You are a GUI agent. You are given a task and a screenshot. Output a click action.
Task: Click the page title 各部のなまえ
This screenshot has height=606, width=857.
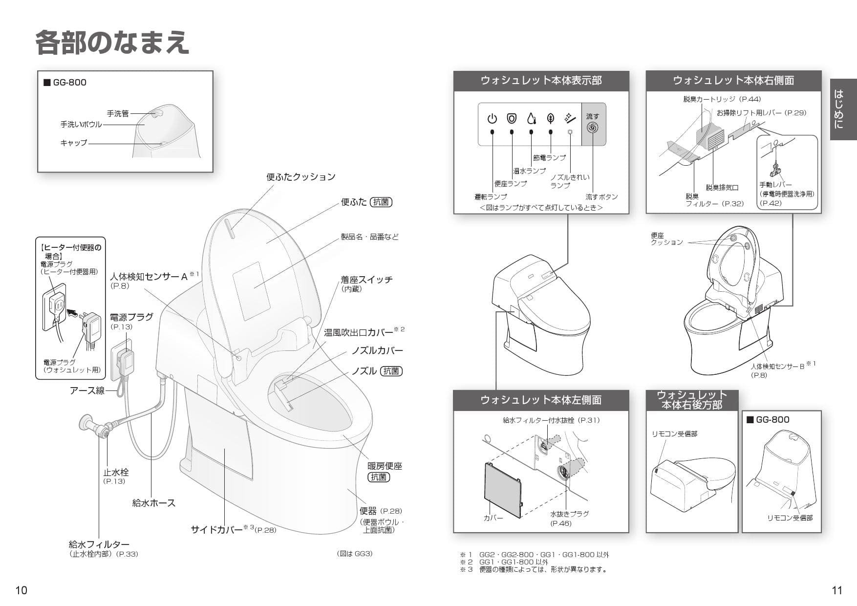coord(112,43)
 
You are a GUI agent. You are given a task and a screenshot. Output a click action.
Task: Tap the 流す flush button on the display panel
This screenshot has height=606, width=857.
coord(593,124)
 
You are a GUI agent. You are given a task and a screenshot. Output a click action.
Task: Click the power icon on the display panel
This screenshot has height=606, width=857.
coord(492,119)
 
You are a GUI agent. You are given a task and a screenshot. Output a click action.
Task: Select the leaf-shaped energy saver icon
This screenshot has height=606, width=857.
coord(551,118)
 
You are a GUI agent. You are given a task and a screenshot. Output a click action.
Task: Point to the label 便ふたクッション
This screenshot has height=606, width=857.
coord(300,177)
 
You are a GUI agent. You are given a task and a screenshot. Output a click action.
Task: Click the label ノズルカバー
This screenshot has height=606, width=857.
coord(377,351)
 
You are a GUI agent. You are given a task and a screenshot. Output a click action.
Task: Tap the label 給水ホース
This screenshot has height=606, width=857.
coord(153,503)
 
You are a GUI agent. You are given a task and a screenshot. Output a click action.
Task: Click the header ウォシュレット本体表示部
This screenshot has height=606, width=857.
coord(541,81)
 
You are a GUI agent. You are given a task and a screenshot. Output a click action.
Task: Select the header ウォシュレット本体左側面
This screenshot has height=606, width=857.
coord(540,400)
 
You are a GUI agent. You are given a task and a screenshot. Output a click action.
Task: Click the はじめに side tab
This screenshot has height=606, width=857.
coord(843,109)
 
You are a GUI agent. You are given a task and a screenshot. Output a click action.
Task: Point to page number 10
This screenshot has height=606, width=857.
coord(21,590)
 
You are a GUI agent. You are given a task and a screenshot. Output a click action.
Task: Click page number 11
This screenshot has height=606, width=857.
coord(836,590)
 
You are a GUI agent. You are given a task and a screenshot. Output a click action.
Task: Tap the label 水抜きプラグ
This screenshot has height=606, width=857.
coord(569,514)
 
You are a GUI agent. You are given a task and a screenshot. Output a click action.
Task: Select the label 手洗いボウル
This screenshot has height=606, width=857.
coord(81,125)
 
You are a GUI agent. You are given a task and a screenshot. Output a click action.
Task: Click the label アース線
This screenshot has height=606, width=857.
coord(87,390)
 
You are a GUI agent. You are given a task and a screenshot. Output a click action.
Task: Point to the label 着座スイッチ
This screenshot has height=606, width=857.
coord(366,280)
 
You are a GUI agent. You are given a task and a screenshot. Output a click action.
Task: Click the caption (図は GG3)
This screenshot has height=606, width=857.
coord(354,554)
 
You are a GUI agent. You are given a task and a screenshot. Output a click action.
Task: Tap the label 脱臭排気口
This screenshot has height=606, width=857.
coord(722,188)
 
